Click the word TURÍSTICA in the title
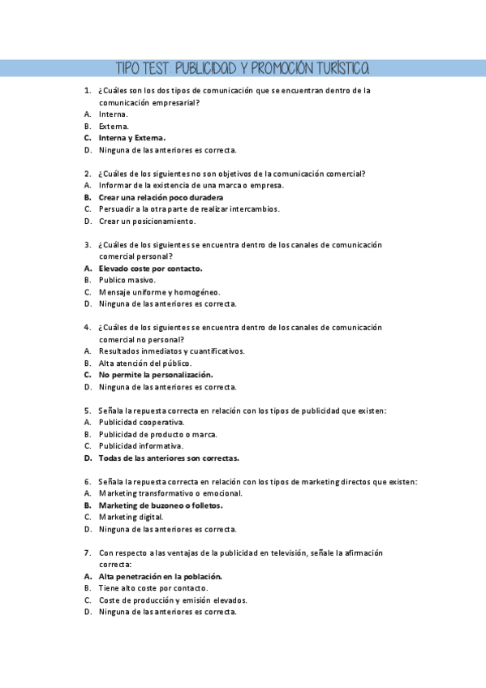(338, 67)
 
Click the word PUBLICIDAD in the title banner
(203, 67)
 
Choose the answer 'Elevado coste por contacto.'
(150, 268)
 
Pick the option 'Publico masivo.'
(127, 280)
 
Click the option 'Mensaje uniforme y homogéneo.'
(159, 292)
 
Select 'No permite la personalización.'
(156, 375)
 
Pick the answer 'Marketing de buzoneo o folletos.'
(161, 505)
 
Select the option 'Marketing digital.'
(131, 517)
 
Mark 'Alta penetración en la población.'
(161, 576)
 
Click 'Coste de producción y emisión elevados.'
(173, 600)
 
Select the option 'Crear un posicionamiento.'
(147, 221)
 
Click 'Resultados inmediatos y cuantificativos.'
(171, 351)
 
